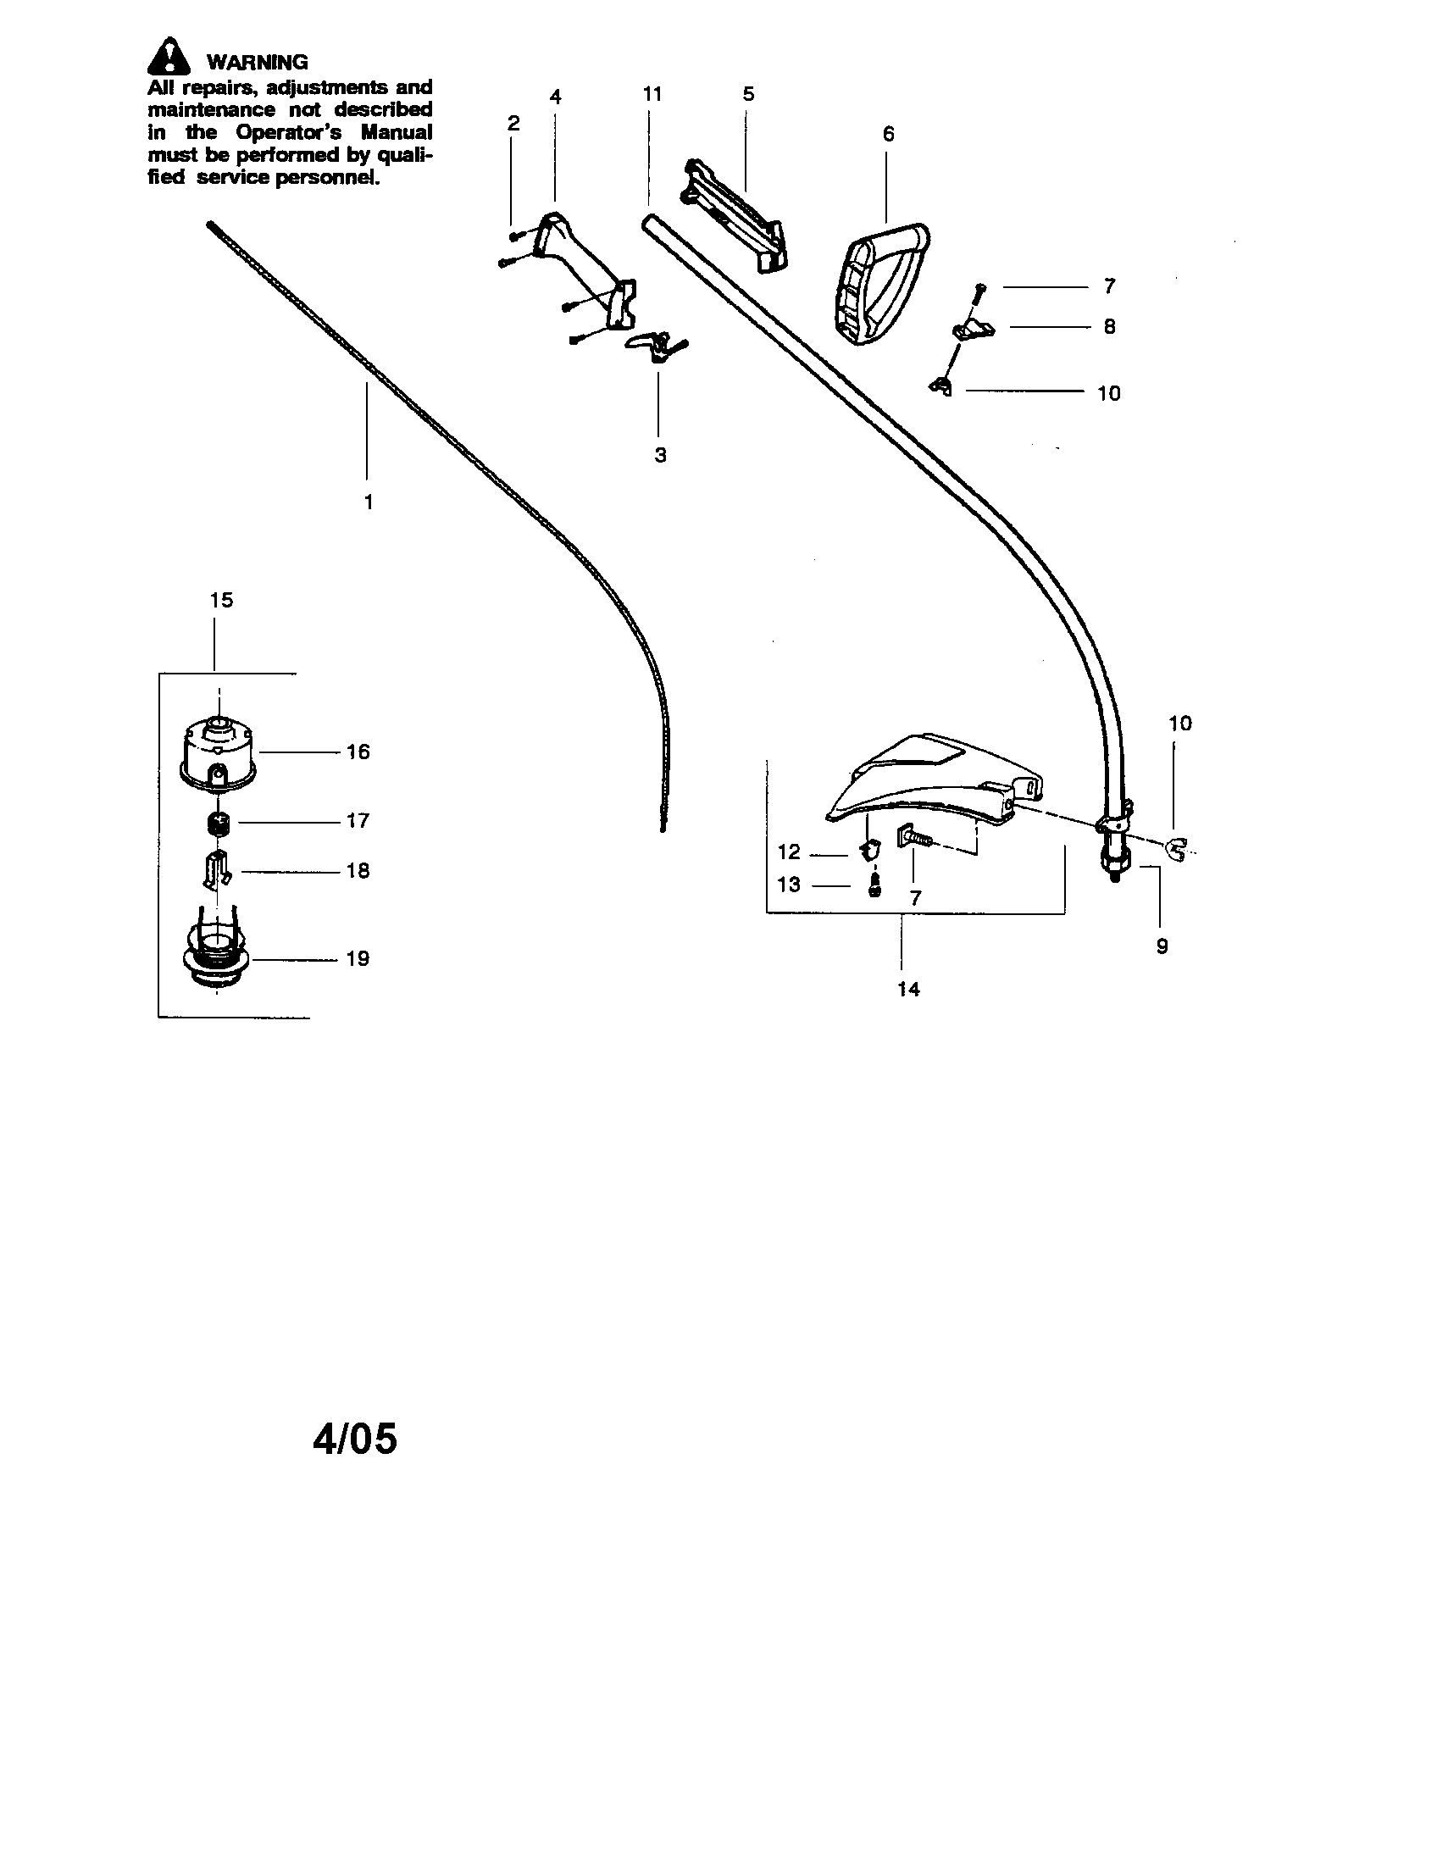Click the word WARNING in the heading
(x=257, y=63)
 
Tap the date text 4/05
(x=355, y=1438)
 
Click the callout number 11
(x=652, y=94)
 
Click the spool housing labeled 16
(x=219, y=751)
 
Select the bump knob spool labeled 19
(x=218, y=957)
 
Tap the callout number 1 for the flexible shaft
(x=369, y=502)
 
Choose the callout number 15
(x=221, y=600)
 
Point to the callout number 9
(x=1162, y=946)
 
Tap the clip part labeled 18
(x=216, y=868)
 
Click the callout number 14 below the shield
(x=909, y=989)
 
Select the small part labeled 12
(x=867, y=850)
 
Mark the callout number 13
(x=789, y=885)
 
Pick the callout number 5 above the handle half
(x=748, y=94)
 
